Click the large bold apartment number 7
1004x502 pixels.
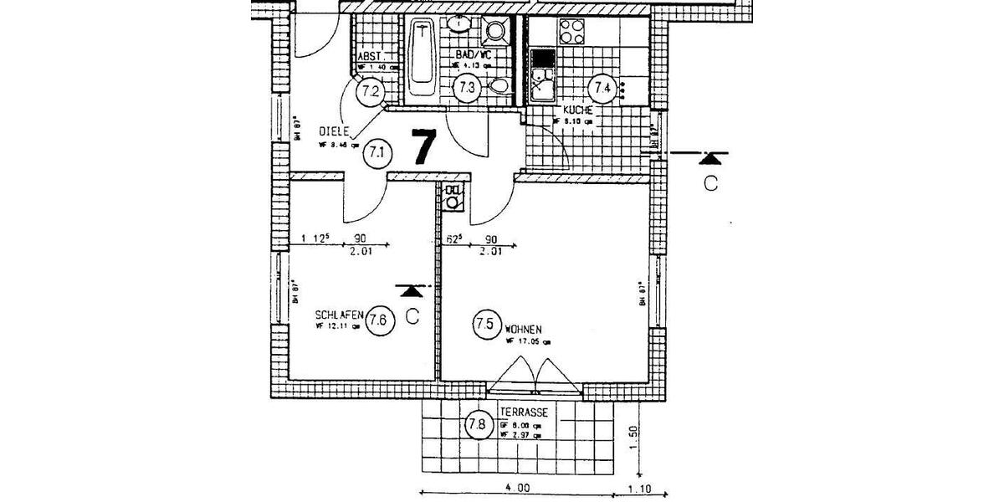pyautogui.click(x=423, y=147)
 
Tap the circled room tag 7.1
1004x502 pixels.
pyautogui.click(x=376, y=153)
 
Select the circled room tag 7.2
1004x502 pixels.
pyautogui.click(x=370, y=90)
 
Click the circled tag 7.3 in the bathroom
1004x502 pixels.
pyautogui.click(x=467, y=86)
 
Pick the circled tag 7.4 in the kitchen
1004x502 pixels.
pyautogui.click(x=602, y=87)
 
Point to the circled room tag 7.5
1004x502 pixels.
pyautogui.click(x=487, y=323)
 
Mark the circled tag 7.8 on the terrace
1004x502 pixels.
pyautogui.click(x=477, y=424)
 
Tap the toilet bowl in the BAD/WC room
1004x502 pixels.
pyautogui.click(x=499, y=85)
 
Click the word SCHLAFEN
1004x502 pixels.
pyautogui.click(x=339, y=315)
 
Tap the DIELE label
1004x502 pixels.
pyautogui.click(x=334, y=132)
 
